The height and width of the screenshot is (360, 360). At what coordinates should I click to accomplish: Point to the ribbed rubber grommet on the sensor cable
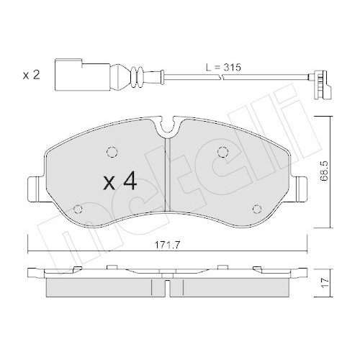coord(133,75)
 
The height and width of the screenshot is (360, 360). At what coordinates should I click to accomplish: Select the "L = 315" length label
coord(222,66)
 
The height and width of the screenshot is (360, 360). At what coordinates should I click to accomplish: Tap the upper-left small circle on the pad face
coord(112,152)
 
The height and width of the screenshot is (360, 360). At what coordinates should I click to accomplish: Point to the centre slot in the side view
coord(168,286)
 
